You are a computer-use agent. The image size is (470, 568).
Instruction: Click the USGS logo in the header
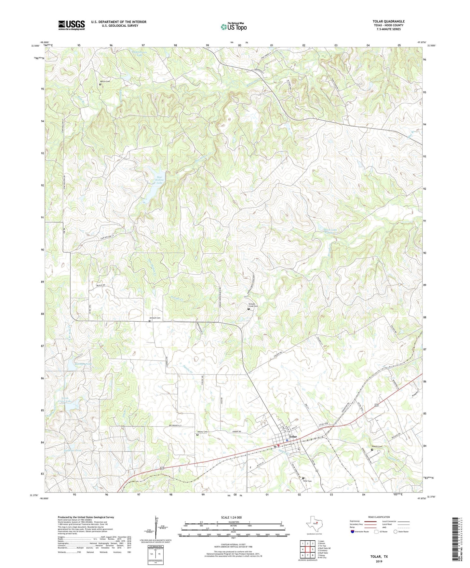tap(72, 25)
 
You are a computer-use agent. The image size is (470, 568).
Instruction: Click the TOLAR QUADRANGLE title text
tap(388, 21)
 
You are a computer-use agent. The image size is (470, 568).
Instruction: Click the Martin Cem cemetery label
tap(105, 81)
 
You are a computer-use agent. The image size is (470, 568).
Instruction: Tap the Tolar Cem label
tap(307, 481)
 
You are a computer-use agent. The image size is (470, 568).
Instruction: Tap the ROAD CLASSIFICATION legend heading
tap(379, 517)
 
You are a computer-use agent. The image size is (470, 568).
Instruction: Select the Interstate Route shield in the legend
tap(353, 532)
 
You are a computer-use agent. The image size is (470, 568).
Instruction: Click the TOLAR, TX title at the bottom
tap(379, 557)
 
